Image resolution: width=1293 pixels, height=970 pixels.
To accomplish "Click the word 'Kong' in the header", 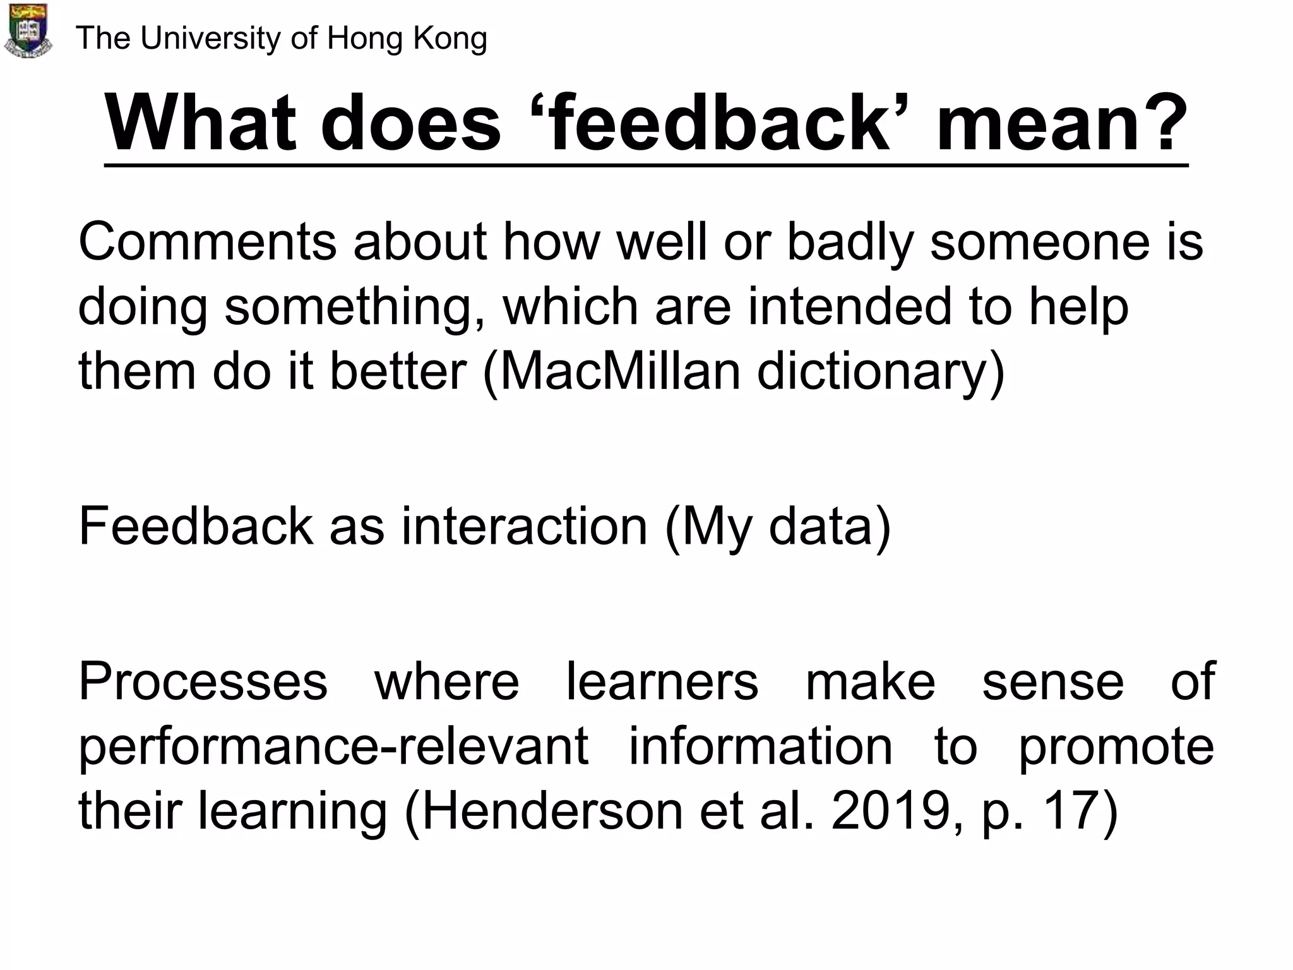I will pos(450,39).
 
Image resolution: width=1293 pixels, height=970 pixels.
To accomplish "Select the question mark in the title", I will pos(1163,123).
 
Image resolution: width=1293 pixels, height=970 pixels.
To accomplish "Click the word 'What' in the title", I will pos(201,123).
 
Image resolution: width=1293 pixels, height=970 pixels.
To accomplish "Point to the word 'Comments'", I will pos(207,242).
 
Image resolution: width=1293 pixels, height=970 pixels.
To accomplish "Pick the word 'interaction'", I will pos(525,526).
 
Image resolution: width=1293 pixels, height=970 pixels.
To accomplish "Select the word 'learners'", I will pos(662,682).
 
